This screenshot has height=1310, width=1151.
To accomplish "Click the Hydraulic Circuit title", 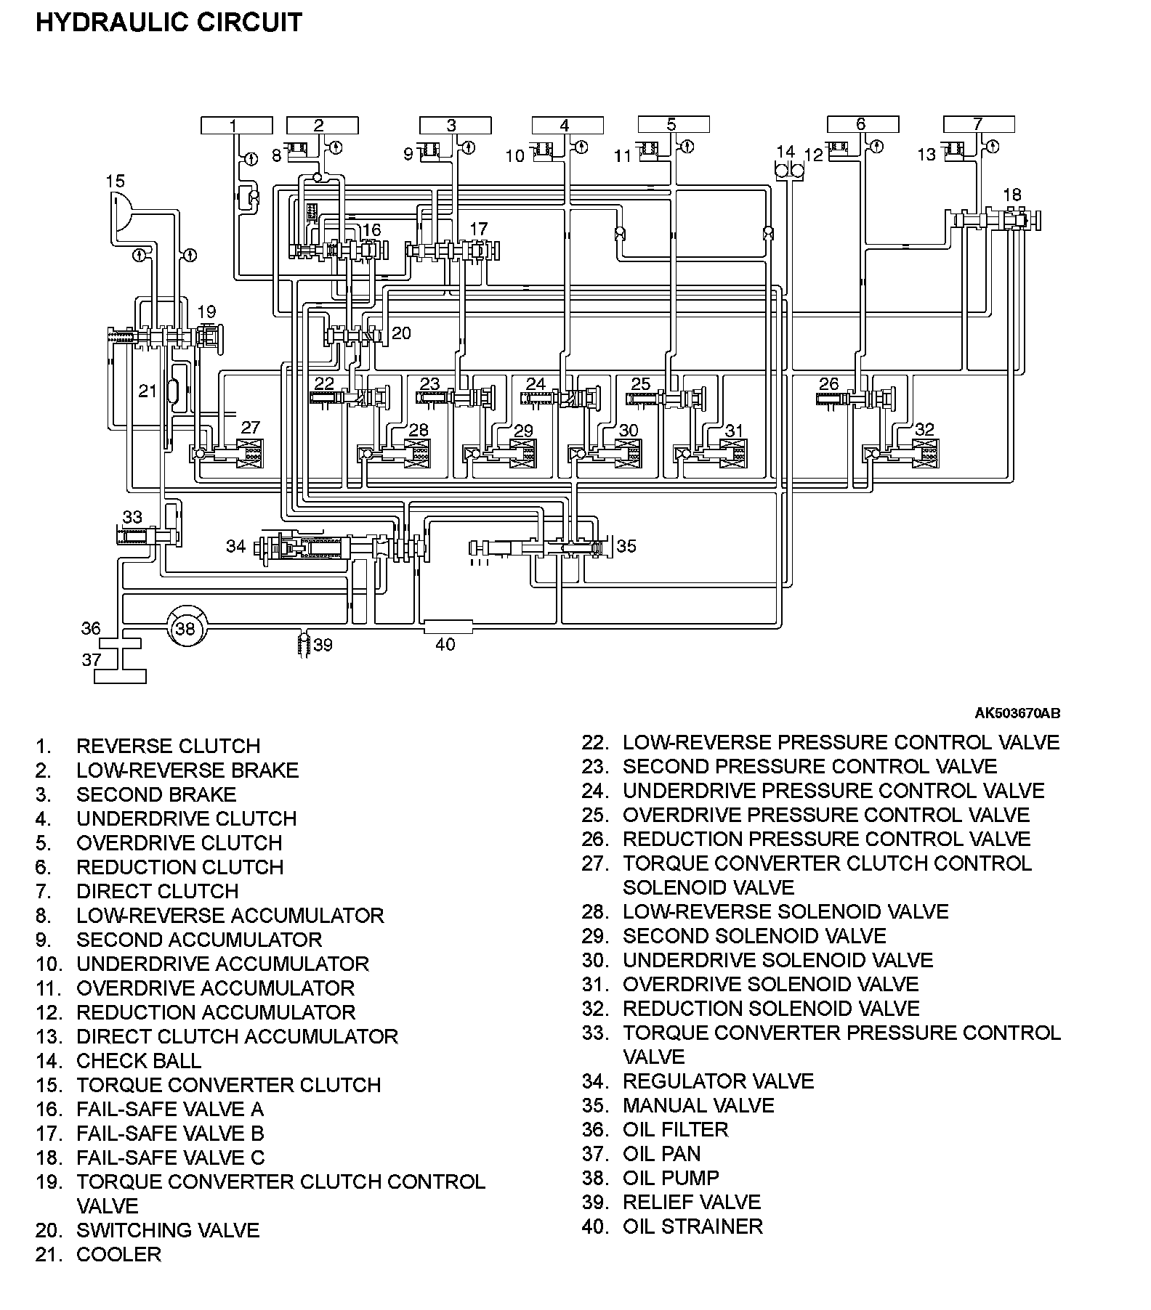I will click(x=169, y=23).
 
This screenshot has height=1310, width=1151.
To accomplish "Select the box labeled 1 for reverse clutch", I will click(x=236, y=125).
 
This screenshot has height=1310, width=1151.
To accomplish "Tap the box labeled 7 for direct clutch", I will click(x=978, y=124).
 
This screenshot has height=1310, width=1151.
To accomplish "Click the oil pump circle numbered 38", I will click(x=186, y=628).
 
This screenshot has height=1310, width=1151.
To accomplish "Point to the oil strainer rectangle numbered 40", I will click(x=447, y=626).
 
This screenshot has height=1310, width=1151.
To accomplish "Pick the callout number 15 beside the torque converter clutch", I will click(x=115, y=181).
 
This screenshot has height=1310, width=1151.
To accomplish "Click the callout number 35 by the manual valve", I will click(x=626, y=546).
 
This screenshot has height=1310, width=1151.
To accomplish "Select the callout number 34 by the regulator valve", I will click(x=236, y=546).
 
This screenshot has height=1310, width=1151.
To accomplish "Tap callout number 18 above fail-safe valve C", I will click(x=1011, y=195).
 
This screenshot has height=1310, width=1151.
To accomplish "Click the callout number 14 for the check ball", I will click(x=785, y=152).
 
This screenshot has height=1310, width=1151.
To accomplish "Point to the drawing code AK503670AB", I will click(x=1017, y=713).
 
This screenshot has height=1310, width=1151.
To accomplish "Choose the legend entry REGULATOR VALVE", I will click(x=718, y=1081).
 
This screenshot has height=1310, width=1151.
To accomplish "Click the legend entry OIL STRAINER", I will click(x=692, y=1226).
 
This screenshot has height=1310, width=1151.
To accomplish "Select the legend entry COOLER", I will click(x=118, y=1254).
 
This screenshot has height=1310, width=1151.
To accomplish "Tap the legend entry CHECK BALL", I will click(x=138, y=1060).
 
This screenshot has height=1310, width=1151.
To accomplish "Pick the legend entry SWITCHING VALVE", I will click(x=167, y=1230).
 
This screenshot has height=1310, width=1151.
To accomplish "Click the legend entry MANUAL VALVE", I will click(x=698, y=1105).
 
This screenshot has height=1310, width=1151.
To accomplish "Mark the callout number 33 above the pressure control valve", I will click(x=132, y=517).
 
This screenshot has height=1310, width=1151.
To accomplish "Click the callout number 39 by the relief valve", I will click(x=323, y=645).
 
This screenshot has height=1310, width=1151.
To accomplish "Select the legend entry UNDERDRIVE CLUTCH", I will click(x=186, y=818).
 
